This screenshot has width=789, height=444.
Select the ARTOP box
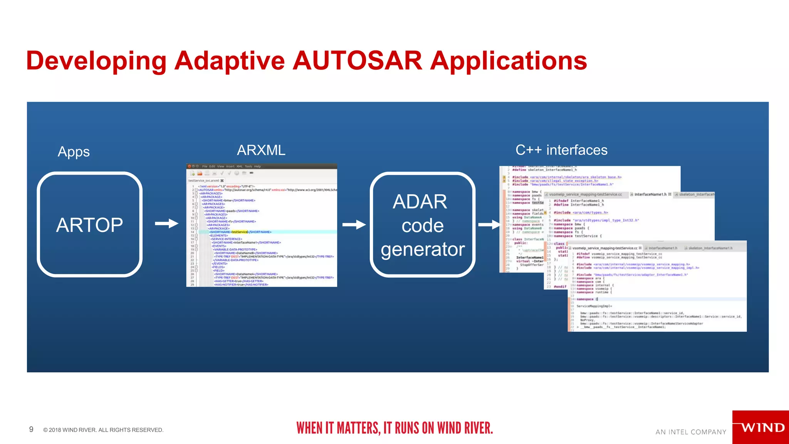[x=89, y=224]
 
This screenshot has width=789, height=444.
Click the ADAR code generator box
[x=422, y=225]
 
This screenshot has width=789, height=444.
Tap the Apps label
[x=74, y=151]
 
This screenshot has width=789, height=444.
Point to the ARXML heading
[x=261, y=150]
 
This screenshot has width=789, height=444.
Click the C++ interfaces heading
[x=561, y=150]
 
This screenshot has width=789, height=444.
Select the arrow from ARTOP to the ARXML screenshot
[x=166, y=224]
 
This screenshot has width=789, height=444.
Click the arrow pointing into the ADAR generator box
[x=354, y=224]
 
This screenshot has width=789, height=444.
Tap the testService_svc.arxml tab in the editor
[x=204, y=180]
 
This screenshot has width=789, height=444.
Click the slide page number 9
[x=31, y=429]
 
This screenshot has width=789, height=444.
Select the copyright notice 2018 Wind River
[x=103, y=430]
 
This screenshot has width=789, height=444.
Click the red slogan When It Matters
[x=394, y=428]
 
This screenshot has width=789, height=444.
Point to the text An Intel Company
[x=691, y=432]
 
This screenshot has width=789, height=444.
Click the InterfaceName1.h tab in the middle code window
[x=650, y=194]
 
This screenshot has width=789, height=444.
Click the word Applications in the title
[x=509, y=61]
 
